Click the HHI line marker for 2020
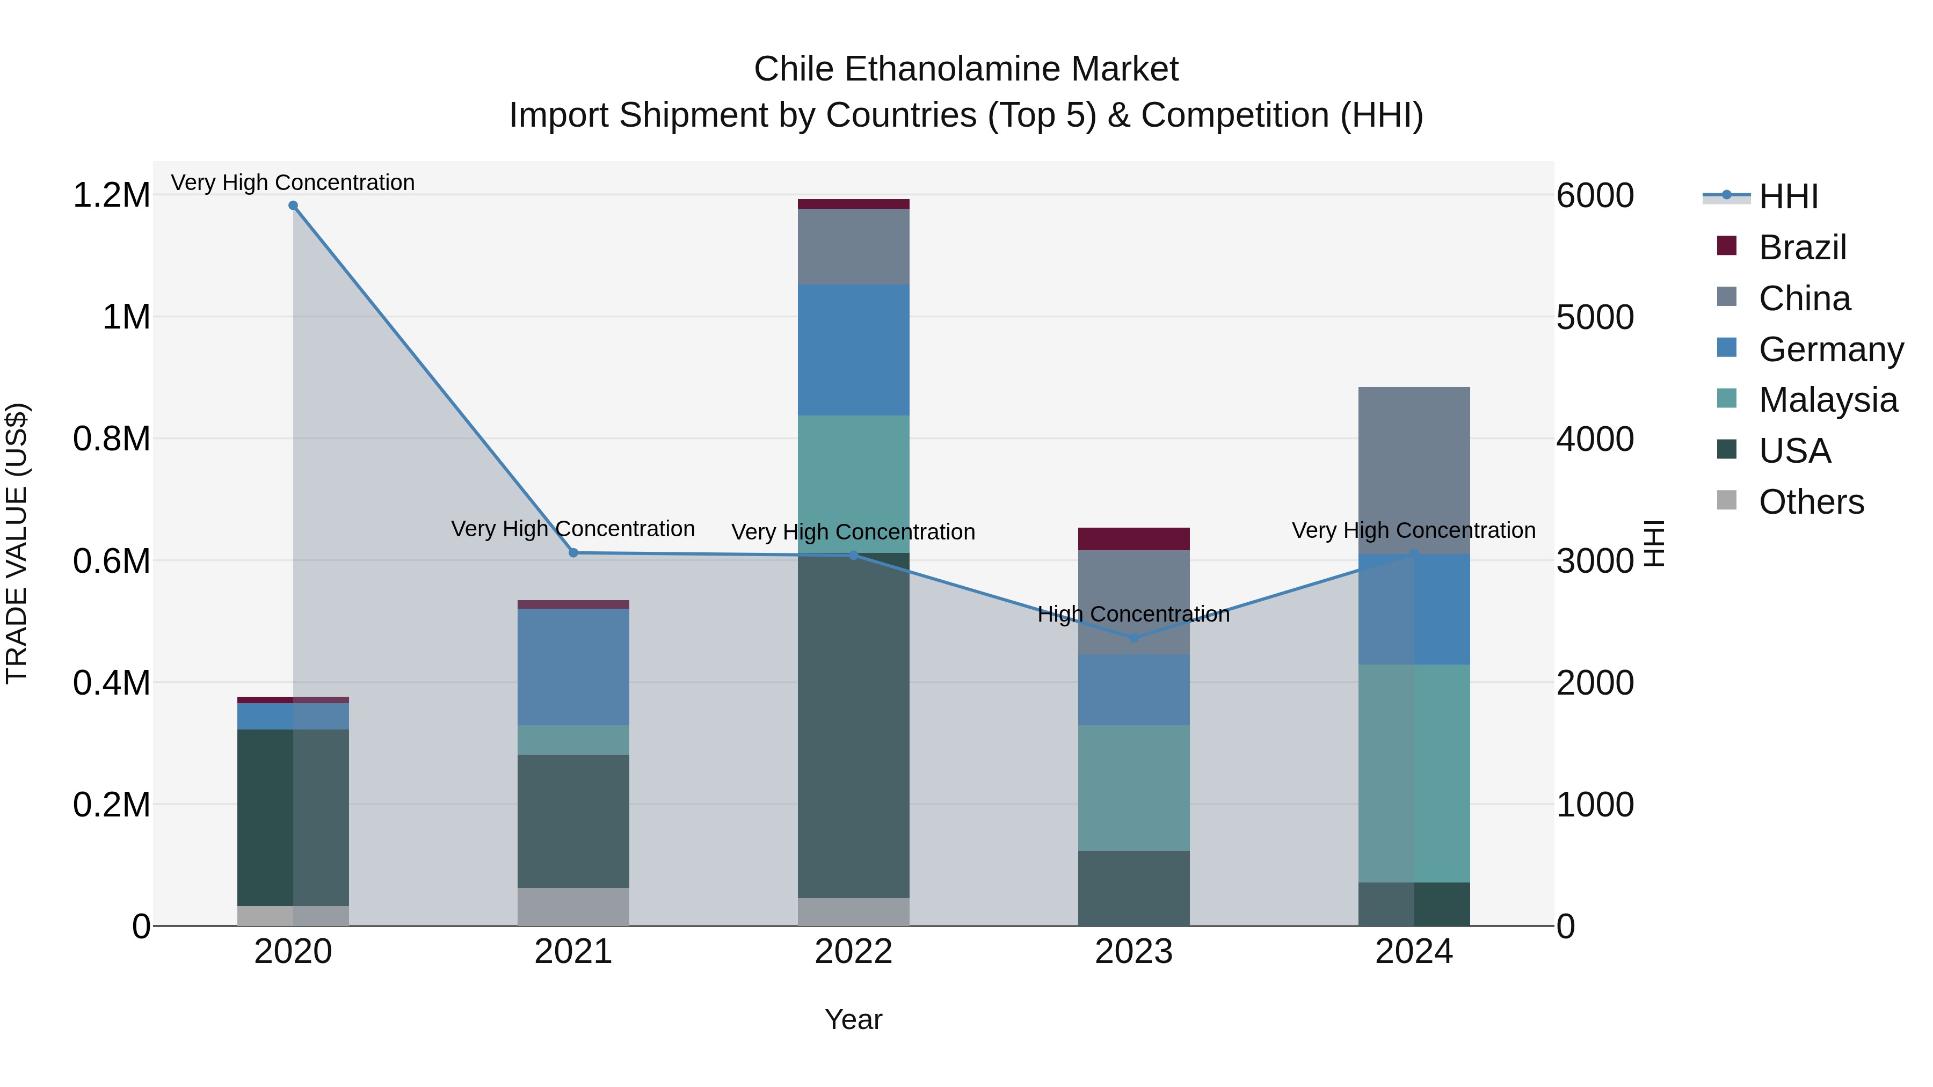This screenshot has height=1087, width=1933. pyautogui.click(x=293, y=206)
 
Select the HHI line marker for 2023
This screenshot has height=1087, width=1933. pyautogui.click(x=1134, y=638)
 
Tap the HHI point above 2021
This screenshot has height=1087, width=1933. pyautogui.click(x=573, y=553)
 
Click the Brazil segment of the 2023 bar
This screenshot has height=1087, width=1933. pyautogui.click(x=1134, y=538)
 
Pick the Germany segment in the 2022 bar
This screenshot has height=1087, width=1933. pyautogui.click(x=853, y=349)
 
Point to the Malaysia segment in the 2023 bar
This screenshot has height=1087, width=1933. pyautogui.click(x=1134, y=787)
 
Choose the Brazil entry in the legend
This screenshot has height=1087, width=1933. pyautogui.click(x=1801, y=247)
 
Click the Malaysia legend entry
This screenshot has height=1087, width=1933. pyautogui.click(x=1828, y=400)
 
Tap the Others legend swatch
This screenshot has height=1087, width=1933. pyautogui.click(x=1727, y=500)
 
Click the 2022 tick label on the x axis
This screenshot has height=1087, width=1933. pyautogui.click(x=853, y=951)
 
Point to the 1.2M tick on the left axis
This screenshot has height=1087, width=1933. pyautogui.click(x=111, y=195)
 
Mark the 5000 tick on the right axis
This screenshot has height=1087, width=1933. pyautogui.click(x=1595, y=317)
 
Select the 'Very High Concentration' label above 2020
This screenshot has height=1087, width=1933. pyautogui.click(x=293, y=183)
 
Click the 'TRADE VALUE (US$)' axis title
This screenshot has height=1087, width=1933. pyautogui.click(x=17, y=543)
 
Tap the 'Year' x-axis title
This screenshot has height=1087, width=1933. pyautogui.click(x=853, y=1019)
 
